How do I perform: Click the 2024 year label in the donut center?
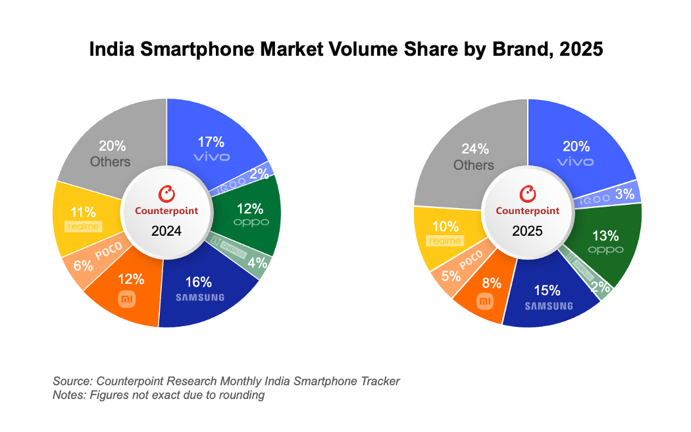coord(166,231)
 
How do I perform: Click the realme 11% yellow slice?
coord(84,218)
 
